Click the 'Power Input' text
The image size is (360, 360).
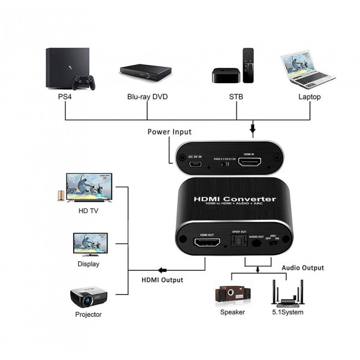(x=169, y=132)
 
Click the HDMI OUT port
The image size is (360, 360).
(x=206, y=243)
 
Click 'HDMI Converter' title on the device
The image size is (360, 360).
(x=234, y=199)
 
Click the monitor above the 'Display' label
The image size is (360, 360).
(x=88, y=243)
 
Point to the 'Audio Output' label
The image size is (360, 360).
(x=302, y=268)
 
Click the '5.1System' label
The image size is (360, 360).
(x=287, y=311)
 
